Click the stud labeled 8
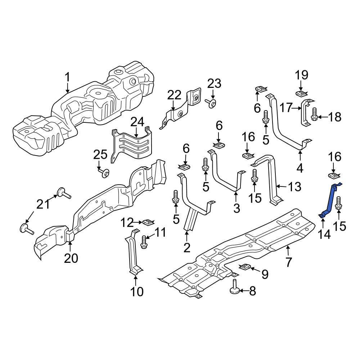pos(235,287)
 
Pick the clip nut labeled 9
pos(245,267)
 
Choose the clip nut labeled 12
pos(149,222)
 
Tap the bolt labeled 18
pos(314,114)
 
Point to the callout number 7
pos(289,262)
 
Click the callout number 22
pos(174,95)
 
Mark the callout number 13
pos(294,187)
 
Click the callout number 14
pos(324,235)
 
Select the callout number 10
pos(137,292)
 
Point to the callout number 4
pos(300,169)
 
